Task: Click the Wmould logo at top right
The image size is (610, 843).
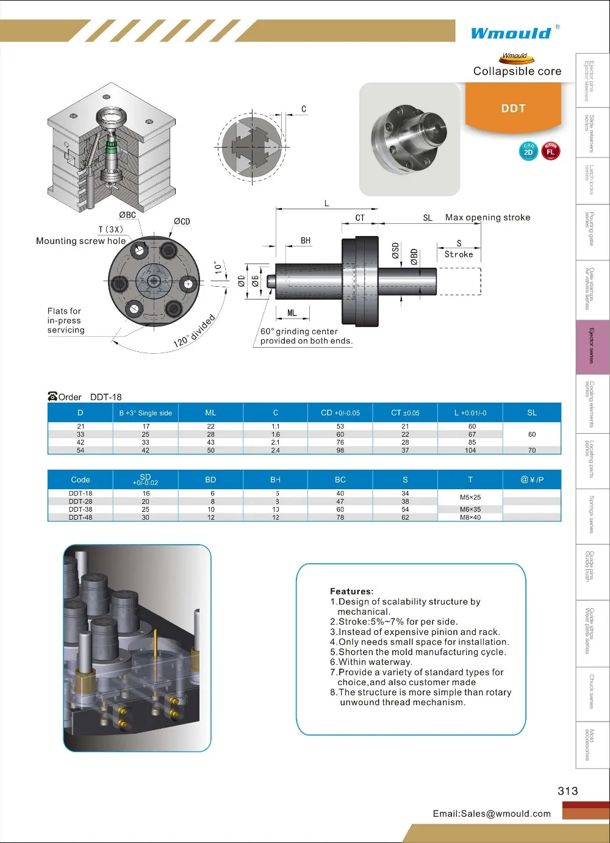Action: (511, 33)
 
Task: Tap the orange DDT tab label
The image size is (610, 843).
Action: (513, 109)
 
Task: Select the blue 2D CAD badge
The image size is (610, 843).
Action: (528, 151)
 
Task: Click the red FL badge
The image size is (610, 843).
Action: (550, 151)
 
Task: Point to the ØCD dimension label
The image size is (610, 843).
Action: (182, 221)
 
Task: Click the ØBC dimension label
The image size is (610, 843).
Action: (127, 215)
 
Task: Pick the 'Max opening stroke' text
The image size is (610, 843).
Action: (487, 217)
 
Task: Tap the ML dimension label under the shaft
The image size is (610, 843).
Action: (292, 313)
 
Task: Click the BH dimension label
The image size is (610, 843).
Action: (306, 241)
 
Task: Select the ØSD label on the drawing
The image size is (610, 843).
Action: (395, 251)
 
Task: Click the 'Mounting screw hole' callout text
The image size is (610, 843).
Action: (81, 241)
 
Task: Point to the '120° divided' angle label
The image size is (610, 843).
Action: (194, 331)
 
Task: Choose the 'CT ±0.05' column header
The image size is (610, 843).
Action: (405, 413)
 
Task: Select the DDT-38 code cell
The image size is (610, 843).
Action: (81, 509)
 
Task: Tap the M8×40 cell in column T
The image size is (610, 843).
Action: (470, 517)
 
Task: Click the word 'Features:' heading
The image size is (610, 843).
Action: (351, 591)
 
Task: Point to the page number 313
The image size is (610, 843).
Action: (567, 791)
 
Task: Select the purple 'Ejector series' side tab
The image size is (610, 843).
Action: (592, 346)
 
